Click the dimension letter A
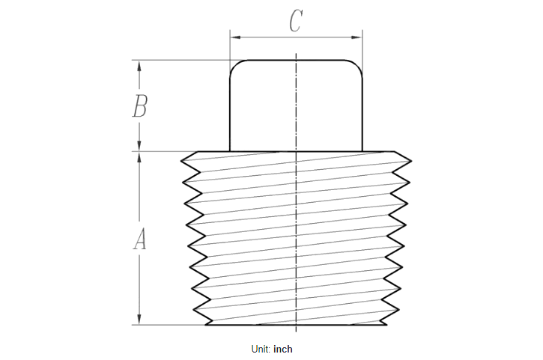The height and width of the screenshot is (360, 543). (x=139, y=240)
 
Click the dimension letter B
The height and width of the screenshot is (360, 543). (x=139, y=107)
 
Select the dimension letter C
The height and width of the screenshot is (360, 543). (x=295, y=22)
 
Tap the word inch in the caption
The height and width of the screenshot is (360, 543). (x=283, y=350)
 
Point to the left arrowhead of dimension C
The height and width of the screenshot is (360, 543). (x=233, y=36)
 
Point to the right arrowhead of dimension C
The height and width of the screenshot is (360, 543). (x=359, y=36)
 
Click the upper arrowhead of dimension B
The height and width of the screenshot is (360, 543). (x=139, y=64)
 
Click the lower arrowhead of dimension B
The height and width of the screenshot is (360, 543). (x=139, y=147)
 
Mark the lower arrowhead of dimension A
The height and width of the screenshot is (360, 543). (x=139, y=320)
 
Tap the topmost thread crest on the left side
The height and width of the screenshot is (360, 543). (x=182, y=159)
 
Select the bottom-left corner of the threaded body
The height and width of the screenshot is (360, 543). (x=206, y=325)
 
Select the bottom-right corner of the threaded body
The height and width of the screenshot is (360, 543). (x=387, y=325)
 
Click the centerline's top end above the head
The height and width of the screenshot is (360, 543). (x=297, y=54)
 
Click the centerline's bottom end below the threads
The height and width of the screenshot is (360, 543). (x=297, y=332)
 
